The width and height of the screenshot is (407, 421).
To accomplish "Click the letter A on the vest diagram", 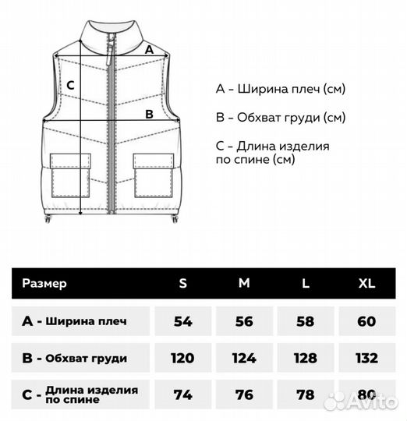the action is (x=149, y=48).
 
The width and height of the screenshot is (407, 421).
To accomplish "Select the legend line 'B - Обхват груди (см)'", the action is (x=281, y=118).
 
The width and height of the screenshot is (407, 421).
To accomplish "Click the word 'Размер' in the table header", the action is (x=44, y=283).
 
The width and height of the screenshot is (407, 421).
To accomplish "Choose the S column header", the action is (x=183, y=283).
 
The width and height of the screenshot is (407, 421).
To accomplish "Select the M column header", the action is (x=244, y=283).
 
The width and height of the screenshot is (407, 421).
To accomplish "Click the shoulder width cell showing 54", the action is (x=183, y=321).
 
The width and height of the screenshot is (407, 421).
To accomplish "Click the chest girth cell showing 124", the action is (x=244, y=358).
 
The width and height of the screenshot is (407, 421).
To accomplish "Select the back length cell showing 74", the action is (x=183, y=395).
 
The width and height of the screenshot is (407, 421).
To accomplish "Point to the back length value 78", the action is (x=306, y=395).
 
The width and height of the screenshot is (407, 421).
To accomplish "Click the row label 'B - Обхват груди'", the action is (x=76, y=358).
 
